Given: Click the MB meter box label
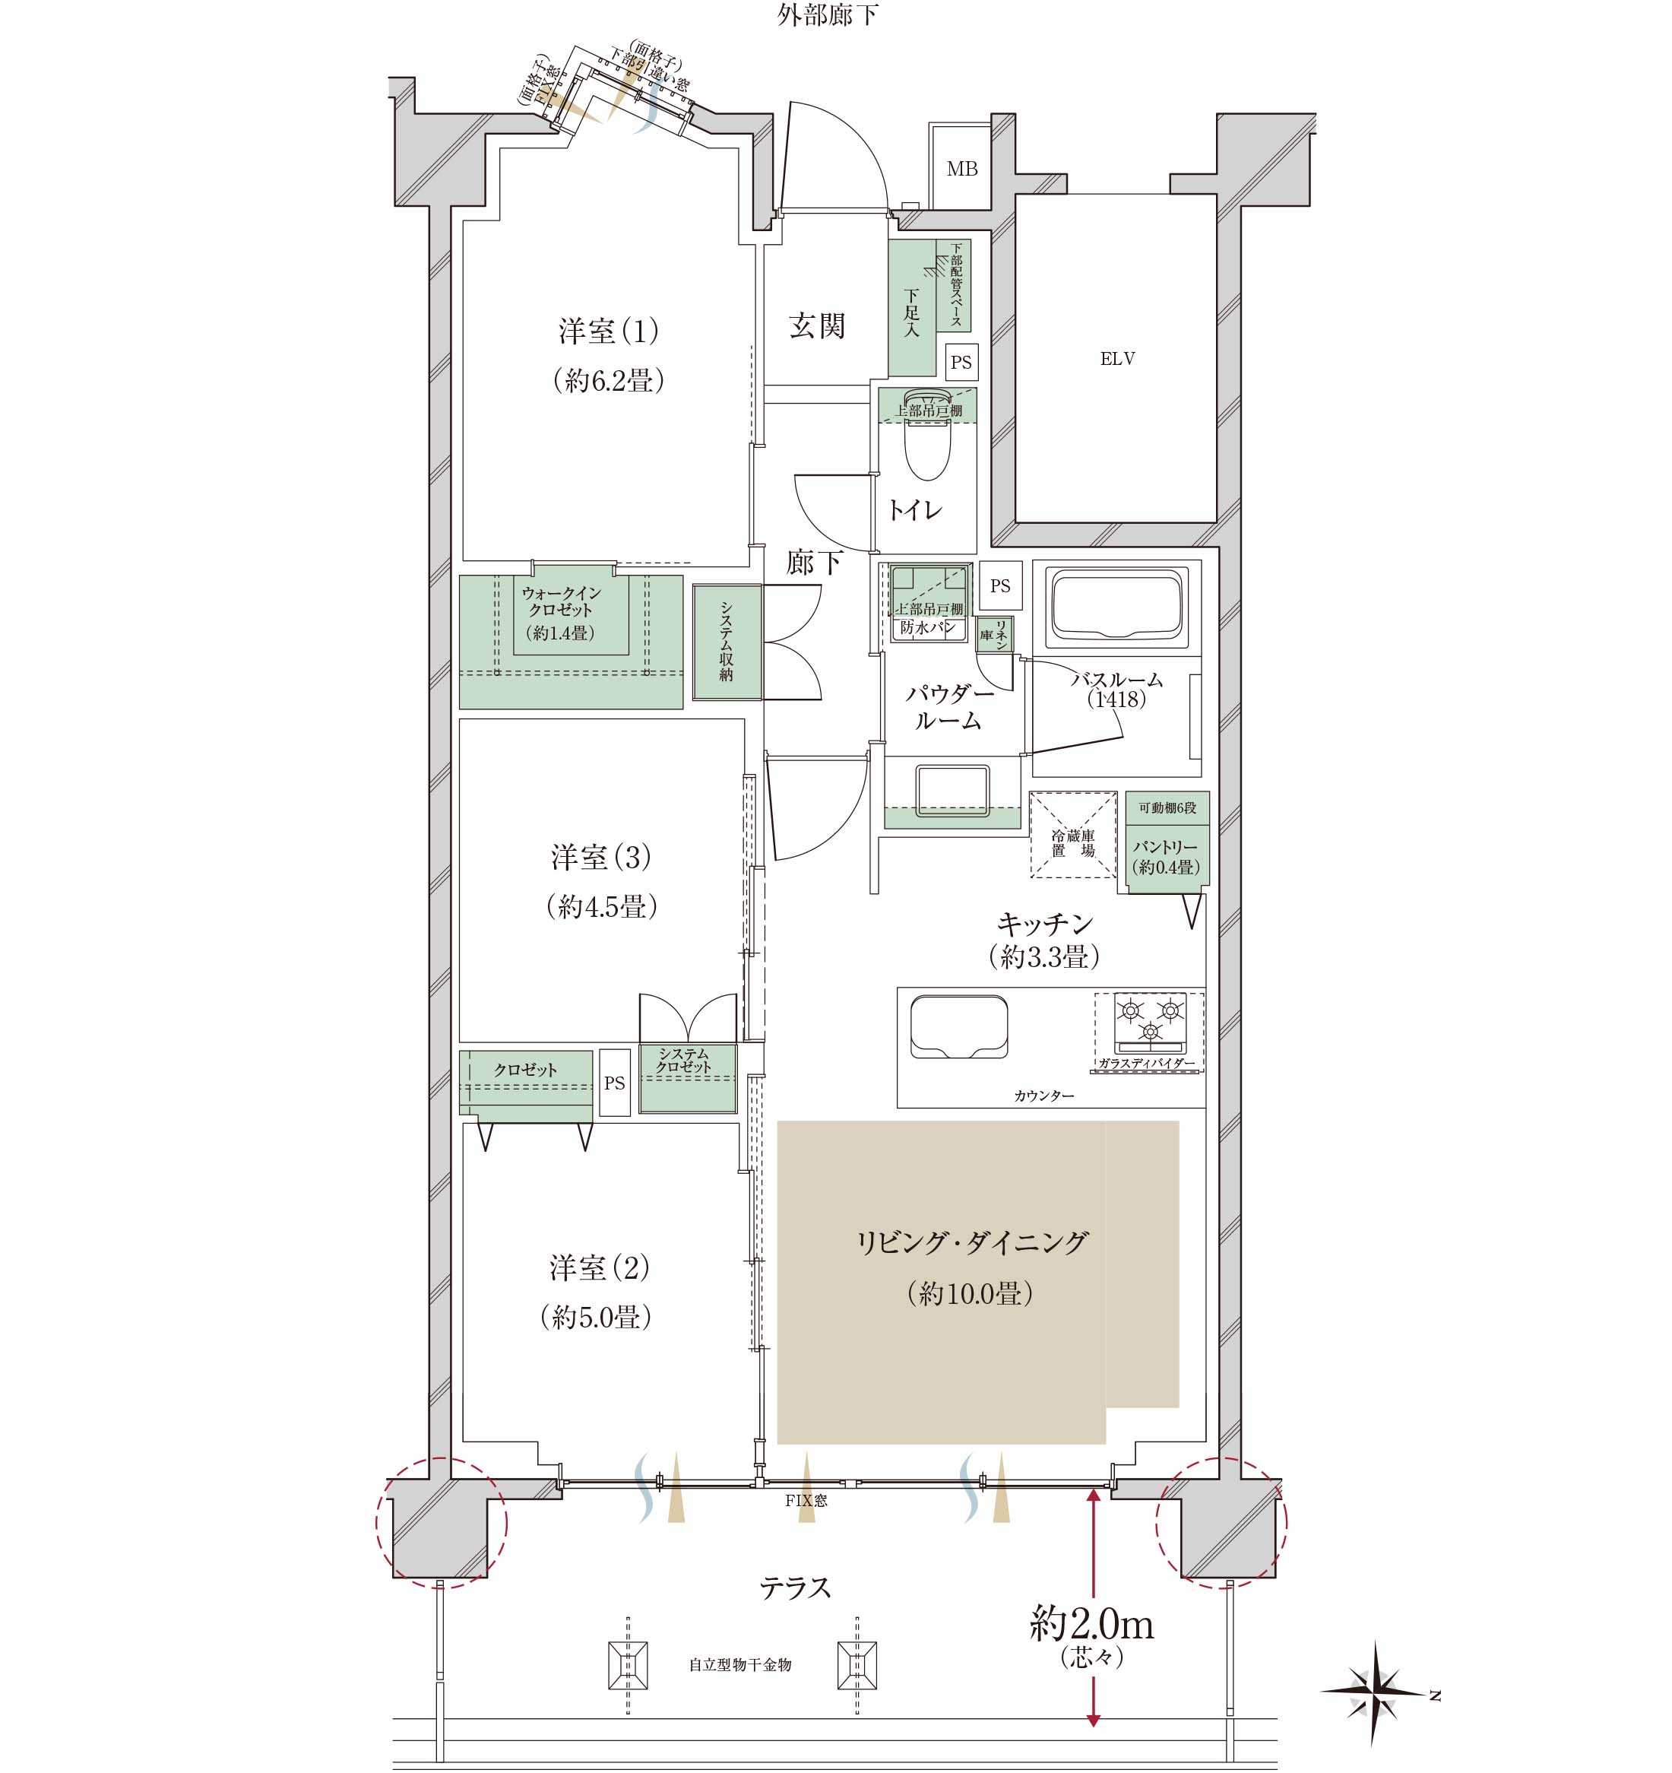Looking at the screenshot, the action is (x=962, y=169).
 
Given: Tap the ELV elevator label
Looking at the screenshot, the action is (x=1117, y=359).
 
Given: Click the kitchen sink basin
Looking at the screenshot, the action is (x=958, y=1027).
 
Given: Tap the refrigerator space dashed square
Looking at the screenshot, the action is (x=1074, y=835).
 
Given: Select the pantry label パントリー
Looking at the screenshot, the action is (x=1166, y=846).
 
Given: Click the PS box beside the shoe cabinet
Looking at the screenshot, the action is (x=961, y=362).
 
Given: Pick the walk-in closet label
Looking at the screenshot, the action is (x=561, y=601).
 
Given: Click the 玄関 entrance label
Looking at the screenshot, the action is (x=817, y=325).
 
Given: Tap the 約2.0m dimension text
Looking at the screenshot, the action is (x=1091, y=1625).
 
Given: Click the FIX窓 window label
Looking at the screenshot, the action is (x=806, y=1501).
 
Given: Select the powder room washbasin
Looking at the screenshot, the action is (x=952, y=790).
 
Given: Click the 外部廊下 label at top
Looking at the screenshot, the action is (x=828, y=15).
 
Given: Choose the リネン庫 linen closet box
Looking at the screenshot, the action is (x=993, y=634).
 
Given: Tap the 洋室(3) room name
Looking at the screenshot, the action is (x=601, y=857).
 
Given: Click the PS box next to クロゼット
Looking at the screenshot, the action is (x=614, y=1083).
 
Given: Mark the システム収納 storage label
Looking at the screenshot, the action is (x=727, y=642).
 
